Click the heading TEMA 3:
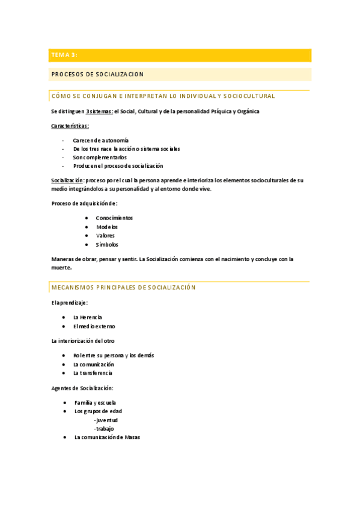(64, 55)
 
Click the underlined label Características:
(70, 126)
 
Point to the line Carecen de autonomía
(100, 140)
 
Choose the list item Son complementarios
(100, 157)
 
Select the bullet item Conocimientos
(114, 218)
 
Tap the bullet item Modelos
(107, 227)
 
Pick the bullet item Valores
(105, 236)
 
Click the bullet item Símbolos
(107, 245)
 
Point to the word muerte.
(62, 268)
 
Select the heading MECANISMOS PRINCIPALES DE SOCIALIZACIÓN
(124, 287)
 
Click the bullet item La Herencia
(87, 317)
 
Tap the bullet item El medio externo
(94, 326)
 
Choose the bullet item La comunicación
(93, 364)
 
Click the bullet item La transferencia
(93, 373)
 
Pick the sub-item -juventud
(106, 420)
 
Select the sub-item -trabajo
(104, 428)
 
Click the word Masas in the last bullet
(132, 437)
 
